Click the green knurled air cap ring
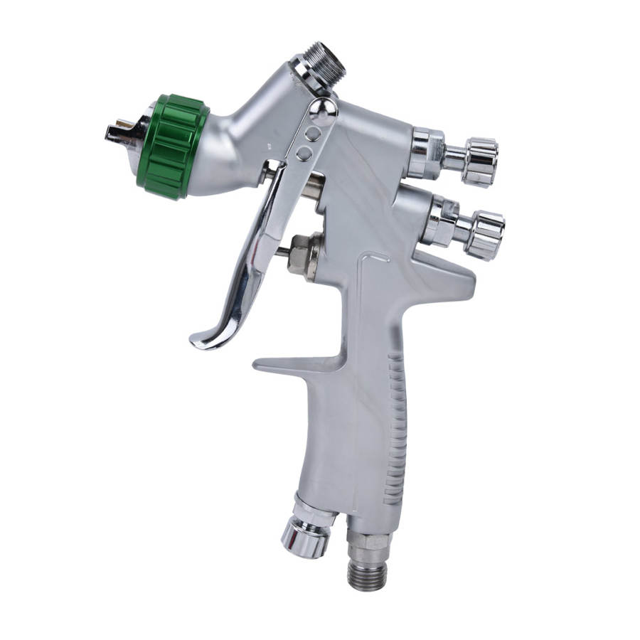click(x=173, y=146)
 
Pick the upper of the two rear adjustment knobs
click(x=479, y=160)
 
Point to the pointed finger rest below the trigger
click(x=270, y=365)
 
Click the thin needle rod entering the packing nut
click(x=282, y=250)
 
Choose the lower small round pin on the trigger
click(x=304, y=153)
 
